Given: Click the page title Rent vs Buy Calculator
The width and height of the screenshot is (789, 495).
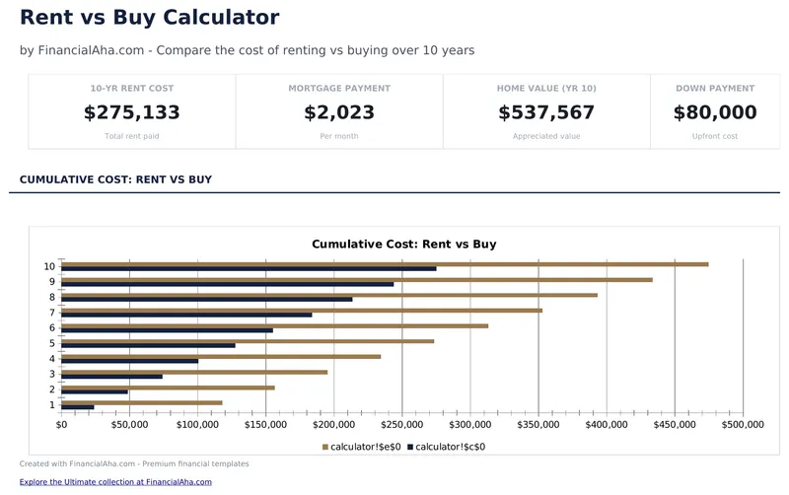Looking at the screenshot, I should (149, 18).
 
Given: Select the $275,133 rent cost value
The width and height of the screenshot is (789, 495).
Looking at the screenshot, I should (132, 112).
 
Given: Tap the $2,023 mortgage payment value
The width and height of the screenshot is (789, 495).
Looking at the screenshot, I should (339, 112).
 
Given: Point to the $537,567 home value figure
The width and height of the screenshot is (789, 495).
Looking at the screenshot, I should (546, 112).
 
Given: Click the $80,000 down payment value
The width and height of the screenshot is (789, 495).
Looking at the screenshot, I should (715, 112).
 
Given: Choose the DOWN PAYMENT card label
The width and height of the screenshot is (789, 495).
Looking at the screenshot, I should (715, 89).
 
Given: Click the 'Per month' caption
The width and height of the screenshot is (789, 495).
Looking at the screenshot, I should (339, 136).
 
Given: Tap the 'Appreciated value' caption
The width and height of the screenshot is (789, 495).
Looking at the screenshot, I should (546, 136).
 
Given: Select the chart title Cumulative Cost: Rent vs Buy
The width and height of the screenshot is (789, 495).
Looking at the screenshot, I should (403, 244).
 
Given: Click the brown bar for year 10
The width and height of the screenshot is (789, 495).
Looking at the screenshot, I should (385, 264).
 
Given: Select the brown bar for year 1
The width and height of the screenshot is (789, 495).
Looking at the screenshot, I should (141, 402).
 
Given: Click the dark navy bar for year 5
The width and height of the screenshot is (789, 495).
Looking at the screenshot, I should (148, 345).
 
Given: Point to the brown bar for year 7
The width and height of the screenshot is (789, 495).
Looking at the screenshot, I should (302, 311).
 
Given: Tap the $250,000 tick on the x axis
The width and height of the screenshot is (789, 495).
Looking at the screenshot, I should (402, 425).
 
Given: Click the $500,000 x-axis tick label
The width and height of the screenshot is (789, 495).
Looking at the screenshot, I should (742, 425).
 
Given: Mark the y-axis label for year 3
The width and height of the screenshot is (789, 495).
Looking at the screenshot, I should (51, 374).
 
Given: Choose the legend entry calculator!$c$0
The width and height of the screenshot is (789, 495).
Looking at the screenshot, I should (450, 447).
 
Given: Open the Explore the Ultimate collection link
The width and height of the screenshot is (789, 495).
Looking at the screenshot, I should (115, 482).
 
